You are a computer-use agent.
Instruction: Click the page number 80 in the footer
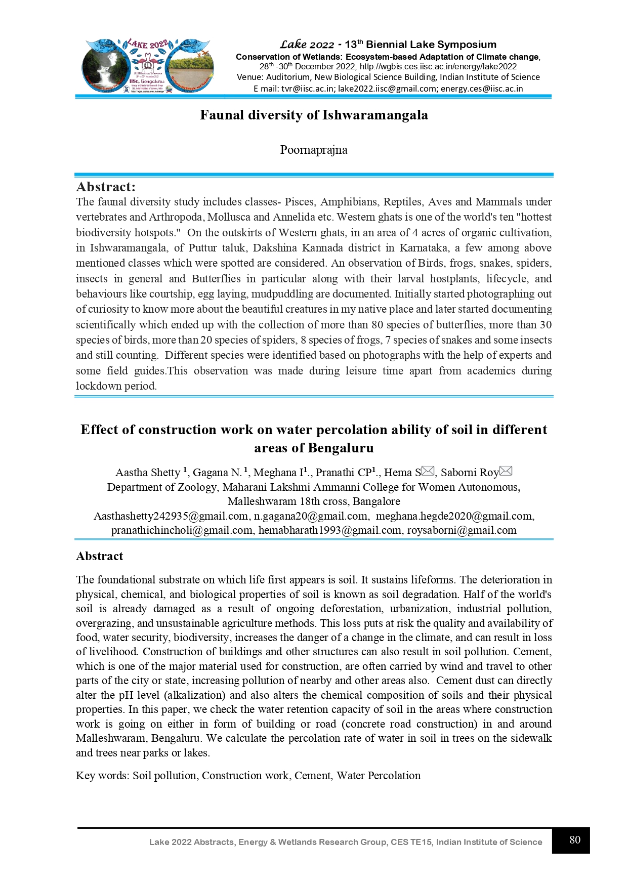(x=574, y=840)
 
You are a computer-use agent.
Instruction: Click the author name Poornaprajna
(x=314, y=150)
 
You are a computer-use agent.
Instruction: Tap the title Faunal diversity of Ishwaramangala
(x=314, y=115)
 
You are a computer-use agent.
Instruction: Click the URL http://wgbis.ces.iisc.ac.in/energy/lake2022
(x=438, y=66)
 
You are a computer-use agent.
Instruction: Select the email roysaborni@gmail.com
(x=462, y=530)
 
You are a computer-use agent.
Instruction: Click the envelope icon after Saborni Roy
(x=506, y=472)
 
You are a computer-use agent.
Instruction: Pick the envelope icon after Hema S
(x=428, y=472)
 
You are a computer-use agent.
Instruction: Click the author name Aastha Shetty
(x=147, y=473)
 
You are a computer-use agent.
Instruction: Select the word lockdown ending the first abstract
(x=99, y=386)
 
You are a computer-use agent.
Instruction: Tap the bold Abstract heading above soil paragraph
(x=99, y=556)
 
